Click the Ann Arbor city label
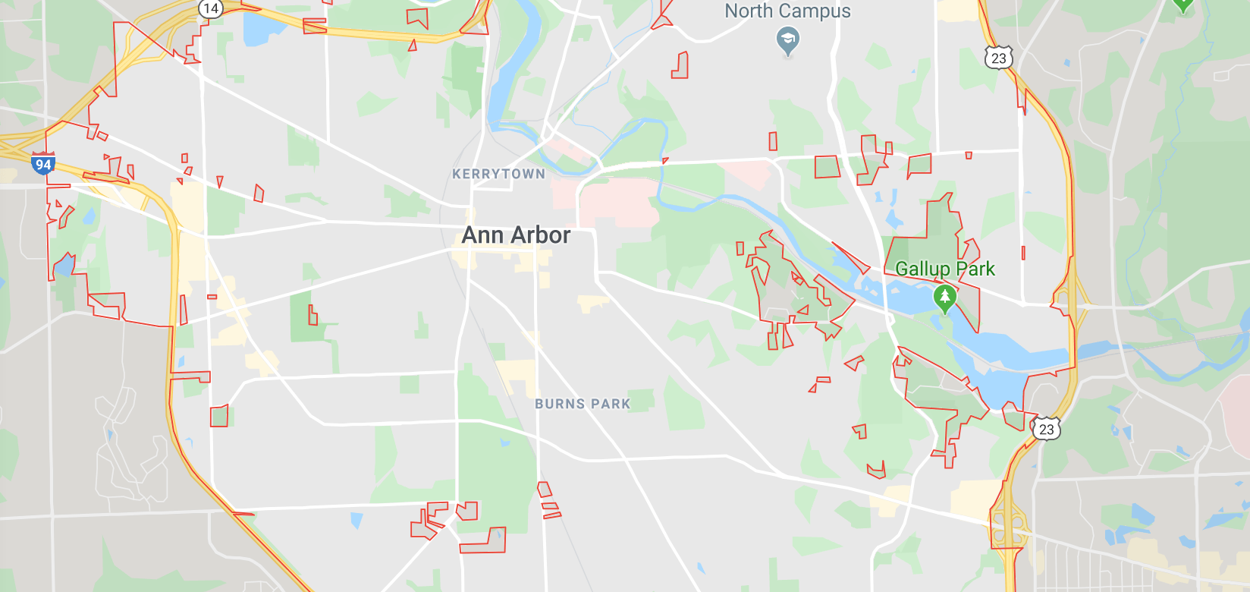516,235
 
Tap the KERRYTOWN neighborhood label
498,174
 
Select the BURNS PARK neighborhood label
583,404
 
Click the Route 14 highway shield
210,8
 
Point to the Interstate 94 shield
43,164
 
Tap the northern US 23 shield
998,58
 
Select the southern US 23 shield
1046,429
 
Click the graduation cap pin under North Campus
788,40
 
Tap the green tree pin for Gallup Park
944,298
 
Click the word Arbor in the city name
540,235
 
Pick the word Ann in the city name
482,235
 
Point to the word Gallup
922,269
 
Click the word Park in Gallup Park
975,269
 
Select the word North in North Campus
749,11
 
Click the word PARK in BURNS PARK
611,404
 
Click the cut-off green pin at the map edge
1182,5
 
